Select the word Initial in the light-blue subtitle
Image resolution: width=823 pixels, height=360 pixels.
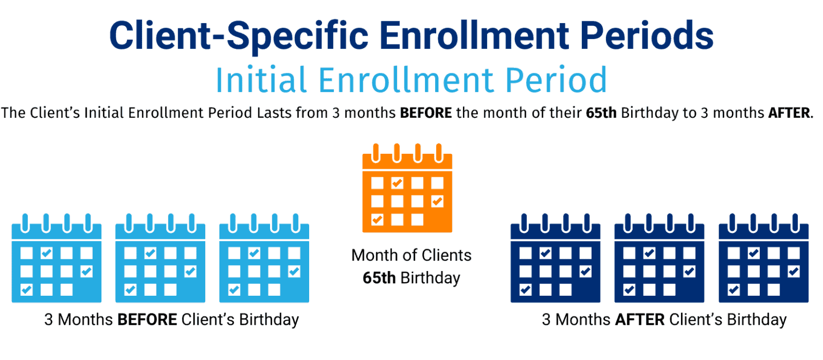point(261,80)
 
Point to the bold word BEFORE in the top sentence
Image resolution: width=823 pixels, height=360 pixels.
point(427,114)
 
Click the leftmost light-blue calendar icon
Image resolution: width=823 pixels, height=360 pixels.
point(56,259)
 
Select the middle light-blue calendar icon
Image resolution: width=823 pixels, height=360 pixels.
point(160,259)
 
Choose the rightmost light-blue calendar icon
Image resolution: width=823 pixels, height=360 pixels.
point(264,259)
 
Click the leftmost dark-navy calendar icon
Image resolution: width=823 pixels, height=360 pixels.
point(555,259)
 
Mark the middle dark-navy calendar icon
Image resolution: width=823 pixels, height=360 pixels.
point(659,259)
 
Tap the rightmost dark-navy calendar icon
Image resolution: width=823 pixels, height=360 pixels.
point(763,259)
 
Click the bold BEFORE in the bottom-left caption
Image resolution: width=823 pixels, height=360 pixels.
point(147,320)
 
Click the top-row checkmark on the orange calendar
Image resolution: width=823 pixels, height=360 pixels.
point(397,183)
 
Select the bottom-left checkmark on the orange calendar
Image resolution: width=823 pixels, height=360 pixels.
point(378,219)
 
